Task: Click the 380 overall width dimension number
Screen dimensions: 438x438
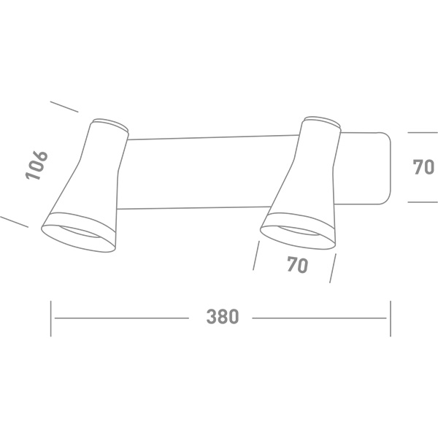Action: point(222,318)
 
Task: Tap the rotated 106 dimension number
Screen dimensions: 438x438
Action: point(36,166)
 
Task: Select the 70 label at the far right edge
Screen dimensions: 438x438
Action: point(423,167)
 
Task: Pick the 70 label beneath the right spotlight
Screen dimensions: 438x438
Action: point(297,266)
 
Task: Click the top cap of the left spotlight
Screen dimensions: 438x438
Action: point(111,123)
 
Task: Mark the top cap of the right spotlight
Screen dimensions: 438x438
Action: point(323,122)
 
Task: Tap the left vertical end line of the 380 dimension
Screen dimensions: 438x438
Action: point(51,318)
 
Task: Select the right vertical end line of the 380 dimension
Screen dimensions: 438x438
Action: point(390,318)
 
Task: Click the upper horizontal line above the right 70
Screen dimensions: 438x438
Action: point(422,133)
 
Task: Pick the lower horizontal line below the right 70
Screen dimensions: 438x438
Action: point(422,202)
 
